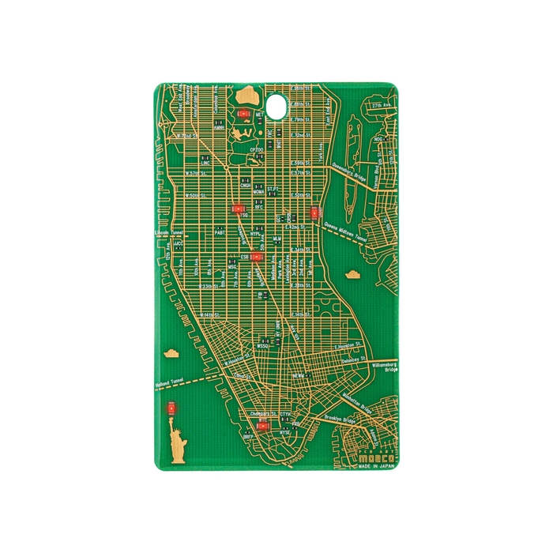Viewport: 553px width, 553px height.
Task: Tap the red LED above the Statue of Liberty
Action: [x=171, y=408]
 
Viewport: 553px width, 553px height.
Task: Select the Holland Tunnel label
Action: [x=168, y=384]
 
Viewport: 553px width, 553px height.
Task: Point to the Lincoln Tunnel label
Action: [x=170, y=233]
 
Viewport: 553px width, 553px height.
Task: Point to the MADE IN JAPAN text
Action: [x=375, y=467]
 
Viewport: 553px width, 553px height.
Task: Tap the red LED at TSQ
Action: [x=238, y=209]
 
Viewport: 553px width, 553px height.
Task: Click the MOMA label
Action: [x=258, y=192]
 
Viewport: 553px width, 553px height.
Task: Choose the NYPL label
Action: [x=255, y=234]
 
